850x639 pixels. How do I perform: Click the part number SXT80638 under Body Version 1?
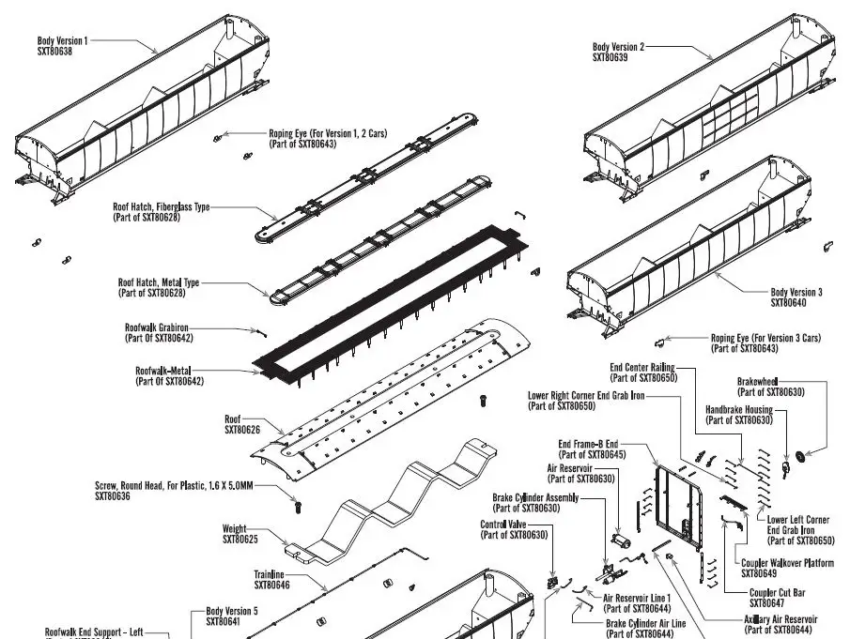click(x=54, y=51)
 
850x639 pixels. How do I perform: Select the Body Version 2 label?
click(x=618, y=47)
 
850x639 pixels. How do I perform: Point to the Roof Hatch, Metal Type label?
click(x=159, y=281)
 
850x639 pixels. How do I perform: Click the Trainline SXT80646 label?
click(x=271, y=580)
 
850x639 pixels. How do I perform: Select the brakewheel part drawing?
click(x=800, y=457)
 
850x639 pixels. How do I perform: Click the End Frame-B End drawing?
click(x=683, y=507)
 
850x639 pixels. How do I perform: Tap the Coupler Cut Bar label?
click(x=777, y=592)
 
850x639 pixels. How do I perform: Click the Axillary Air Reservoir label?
click(x=780, y=619)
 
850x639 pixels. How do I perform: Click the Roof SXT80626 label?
click(x=242, y=424)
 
